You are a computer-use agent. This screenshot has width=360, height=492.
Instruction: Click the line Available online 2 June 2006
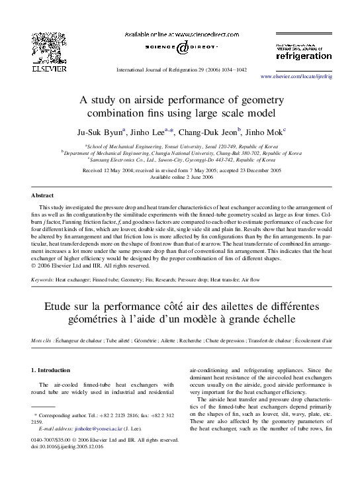tap(179, 177)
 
